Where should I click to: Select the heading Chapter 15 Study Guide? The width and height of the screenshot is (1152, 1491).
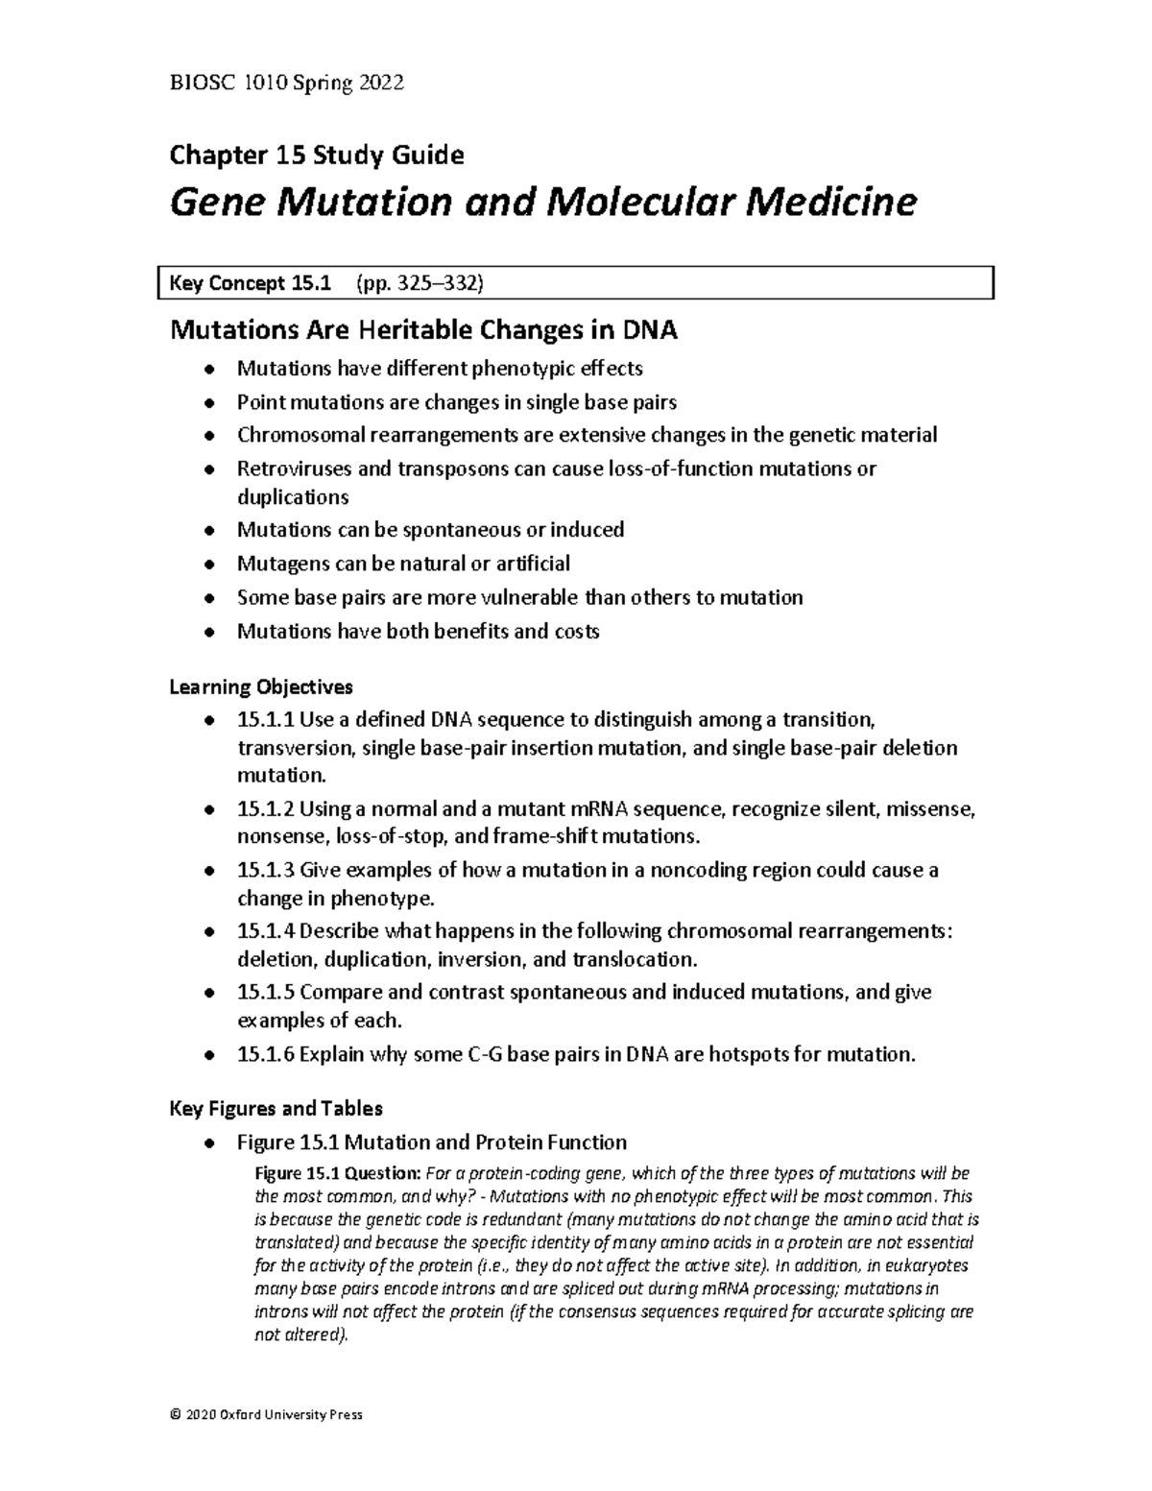(317, 155)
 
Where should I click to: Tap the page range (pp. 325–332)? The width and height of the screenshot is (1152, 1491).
(420, 283)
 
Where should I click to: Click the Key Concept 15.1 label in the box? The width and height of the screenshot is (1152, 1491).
(250, 283)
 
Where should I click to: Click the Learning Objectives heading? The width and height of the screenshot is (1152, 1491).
(261, 687)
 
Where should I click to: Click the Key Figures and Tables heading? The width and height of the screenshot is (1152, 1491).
(276, 1109)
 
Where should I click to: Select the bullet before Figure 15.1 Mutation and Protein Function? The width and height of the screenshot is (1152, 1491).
(208, 1143)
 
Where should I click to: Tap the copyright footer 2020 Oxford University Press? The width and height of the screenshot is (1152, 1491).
(266, 1415)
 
